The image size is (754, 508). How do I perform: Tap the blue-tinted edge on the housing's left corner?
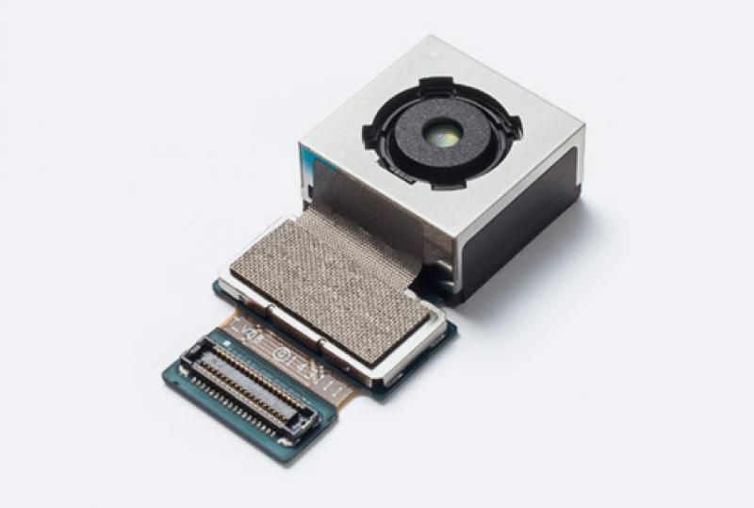[x=308, y=179]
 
